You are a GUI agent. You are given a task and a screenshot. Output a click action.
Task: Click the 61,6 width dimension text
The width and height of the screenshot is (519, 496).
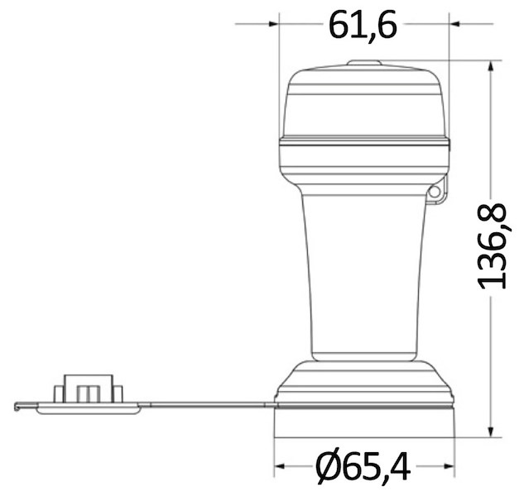363,25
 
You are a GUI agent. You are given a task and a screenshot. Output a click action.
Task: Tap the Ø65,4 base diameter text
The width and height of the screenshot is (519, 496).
363,468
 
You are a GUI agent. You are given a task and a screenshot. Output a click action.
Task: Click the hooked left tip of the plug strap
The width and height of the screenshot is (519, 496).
18,406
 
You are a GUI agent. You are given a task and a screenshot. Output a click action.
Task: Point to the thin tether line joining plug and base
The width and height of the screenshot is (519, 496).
207,404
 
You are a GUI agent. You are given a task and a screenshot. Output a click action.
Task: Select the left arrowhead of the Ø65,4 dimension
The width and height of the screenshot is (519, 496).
280,467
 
